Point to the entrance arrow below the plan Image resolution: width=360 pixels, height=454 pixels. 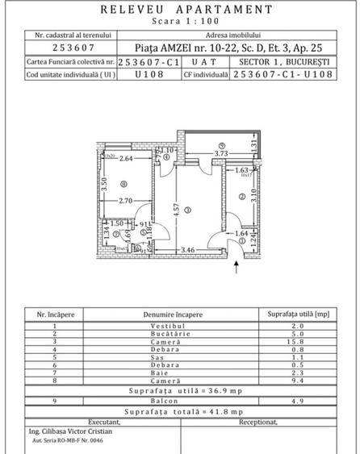point(236,268)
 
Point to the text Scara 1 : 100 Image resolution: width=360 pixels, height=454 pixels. point(180,23)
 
